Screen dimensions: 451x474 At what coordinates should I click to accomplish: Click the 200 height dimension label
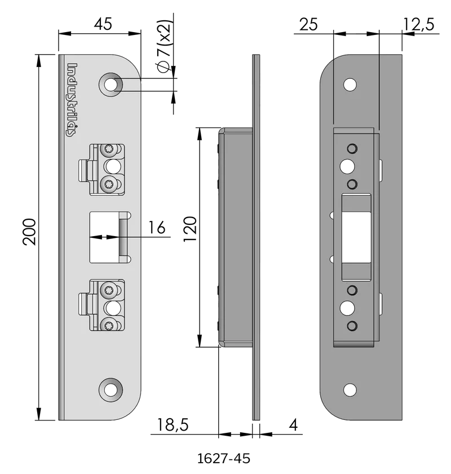coord(29,232)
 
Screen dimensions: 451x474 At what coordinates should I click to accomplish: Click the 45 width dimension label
coord(103,24)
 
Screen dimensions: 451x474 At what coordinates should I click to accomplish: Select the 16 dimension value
coord(157,228)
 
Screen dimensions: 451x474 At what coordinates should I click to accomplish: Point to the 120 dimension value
coord(191,229)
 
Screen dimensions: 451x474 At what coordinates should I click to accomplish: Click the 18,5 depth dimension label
coord(173,425)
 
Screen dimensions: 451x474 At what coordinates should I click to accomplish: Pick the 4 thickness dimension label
coord(293,425)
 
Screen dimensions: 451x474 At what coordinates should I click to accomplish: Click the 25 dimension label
coord(308,24)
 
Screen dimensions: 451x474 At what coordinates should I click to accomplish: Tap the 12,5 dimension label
coord(419,24)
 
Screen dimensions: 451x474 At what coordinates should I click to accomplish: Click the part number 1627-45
coord(224,459)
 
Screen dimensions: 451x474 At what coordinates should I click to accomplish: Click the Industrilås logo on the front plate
coord(72,100)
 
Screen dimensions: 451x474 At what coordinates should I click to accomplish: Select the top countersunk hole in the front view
coord(111,85)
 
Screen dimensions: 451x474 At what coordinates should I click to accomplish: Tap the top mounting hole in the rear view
coord(350,85)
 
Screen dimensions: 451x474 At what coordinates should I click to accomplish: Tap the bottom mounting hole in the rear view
coord(350,389)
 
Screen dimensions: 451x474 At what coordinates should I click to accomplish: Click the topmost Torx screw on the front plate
coord(108,149)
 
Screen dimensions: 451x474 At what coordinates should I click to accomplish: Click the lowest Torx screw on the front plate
coord(108,325)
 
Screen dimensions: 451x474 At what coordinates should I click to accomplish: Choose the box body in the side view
coord(236,237)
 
